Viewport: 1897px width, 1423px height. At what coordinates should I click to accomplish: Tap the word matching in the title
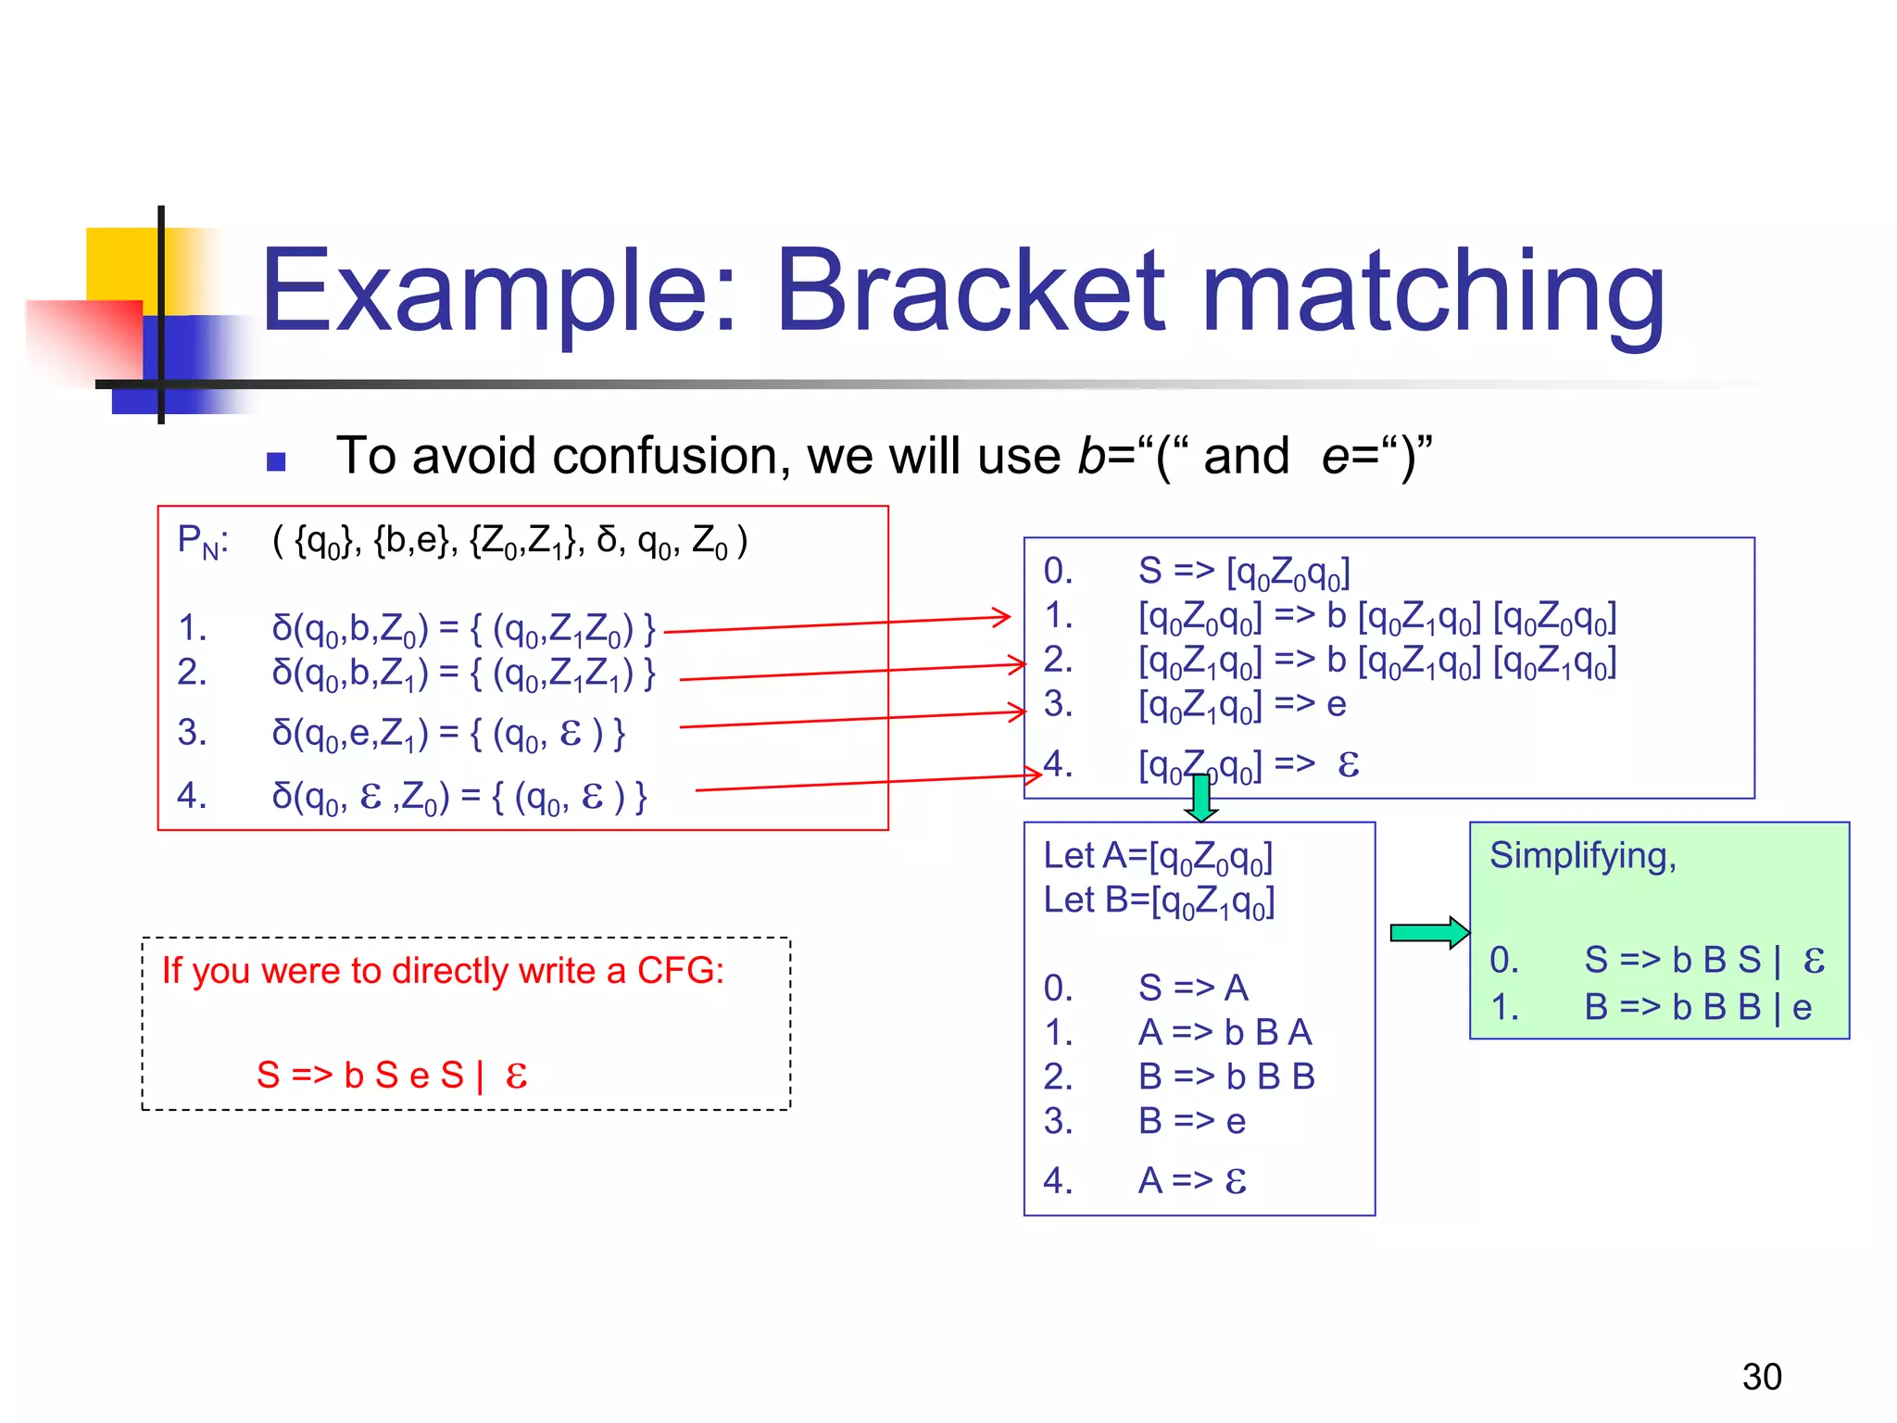tap(1432, 295)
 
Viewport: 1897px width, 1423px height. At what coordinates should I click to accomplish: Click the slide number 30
tap(1761, 1377)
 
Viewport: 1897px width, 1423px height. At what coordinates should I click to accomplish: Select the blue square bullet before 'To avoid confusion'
tap(275, 461)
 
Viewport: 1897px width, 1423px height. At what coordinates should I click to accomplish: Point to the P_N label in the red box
tap(203, 541)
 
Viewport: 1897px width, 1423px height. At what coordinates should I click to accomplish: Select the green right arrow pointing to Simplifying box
tap(1429, 932)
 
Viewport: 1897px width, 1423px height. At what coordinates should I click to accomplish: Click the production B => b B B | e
tap(1697, 1007)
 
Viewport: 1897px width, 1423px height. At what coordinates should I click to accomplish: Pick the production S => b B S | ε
tap(1702, 960)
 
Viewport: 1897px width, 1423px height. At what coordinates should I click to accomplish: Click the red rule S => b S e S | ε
tap(392, 1076)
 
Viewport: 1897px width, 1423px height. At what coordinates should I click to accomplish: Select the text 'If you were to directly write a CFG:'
tap(443, 971)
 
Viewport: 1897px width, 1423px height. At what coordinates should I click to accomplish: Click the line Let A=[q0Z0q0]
tap(1158, 857)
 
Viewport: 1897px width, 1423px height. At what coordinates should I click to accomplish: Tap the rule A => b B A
tap(1225, 1032)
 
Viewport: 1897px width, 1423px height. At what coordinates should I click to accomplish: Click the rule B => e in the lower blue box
tap(1191, 1122)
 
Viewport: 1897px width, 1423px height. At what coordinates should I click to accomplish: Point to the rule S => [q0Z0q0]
tap(1243, 573)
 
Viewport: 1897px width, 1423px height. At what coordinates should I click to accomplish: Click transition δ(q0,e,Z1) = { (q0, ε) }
tap(448, 734)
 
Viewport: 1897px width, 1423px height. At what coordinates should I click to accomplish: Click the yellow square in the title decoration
tap(120, 264)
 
